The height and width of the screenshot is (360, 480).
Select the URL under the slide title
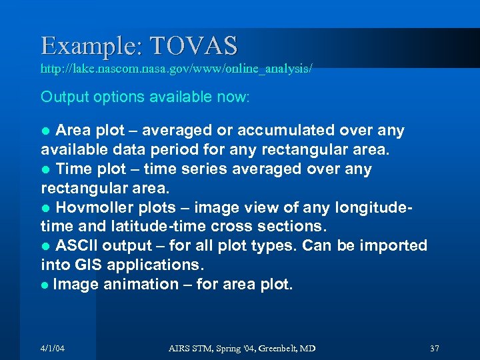(x=176, y=69)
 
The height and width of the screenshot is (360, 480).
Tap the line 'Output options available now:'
(x=145, y=97)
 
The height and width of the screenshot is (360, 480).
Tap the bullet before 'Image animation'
(x=45, y=285)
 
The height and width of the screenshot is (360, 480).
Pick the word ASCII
(x=77, y=245)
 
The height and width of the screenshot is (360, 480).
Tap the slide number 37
(x=435, y=349)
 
